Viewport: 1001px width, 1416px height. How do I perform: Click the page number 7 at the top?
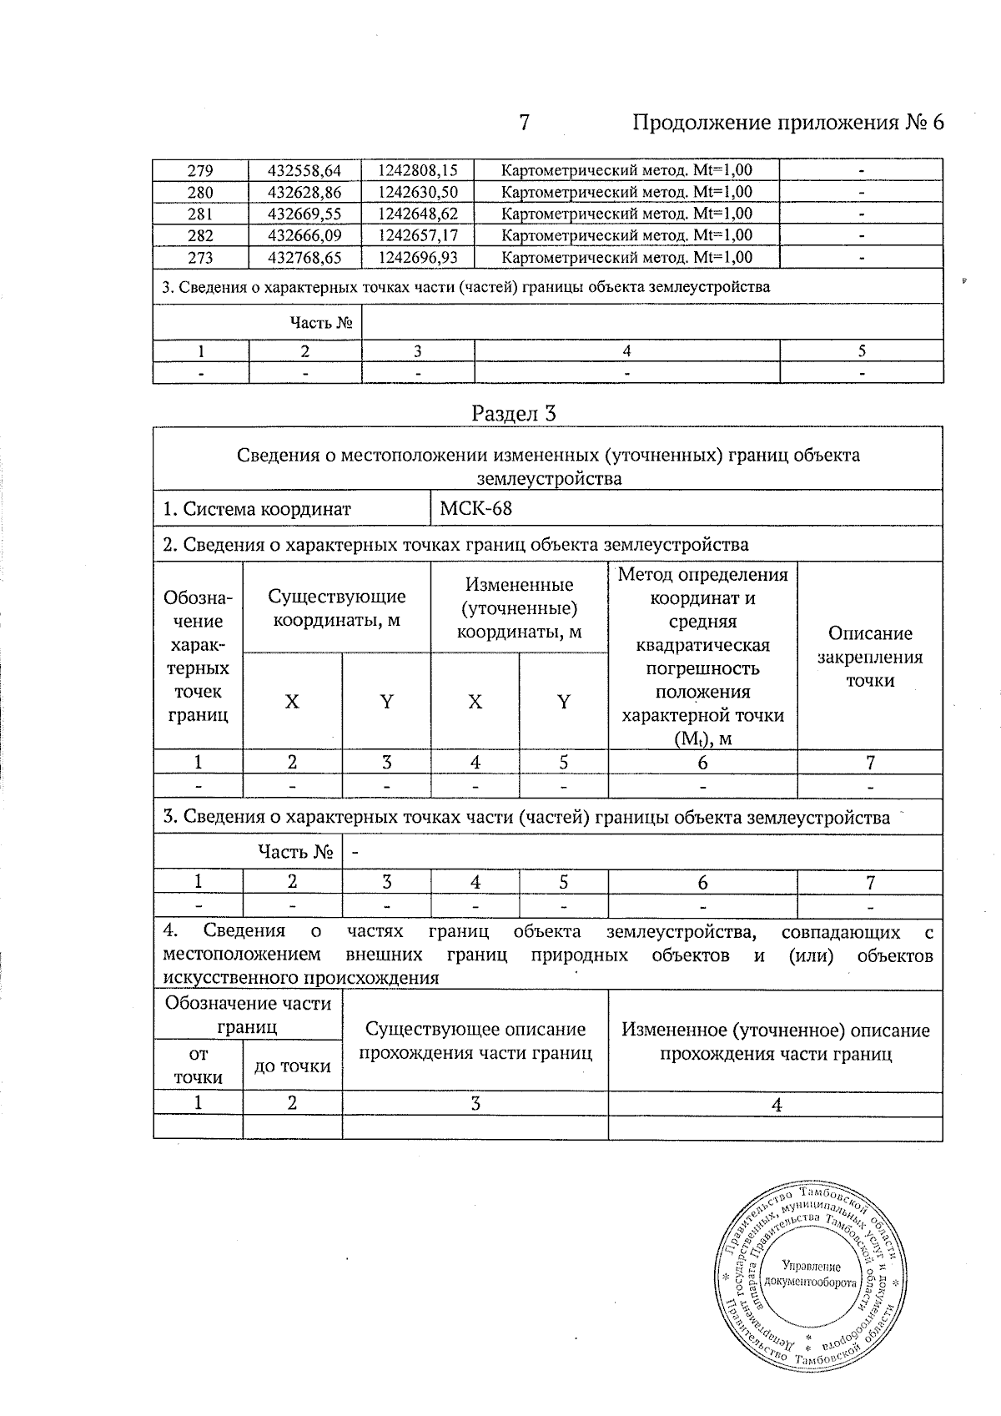pyautogui.click(x=524, y=123)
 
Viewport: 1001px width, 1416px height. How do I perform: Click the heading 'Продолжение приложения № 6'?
pyautogui.click(x=788, y=123)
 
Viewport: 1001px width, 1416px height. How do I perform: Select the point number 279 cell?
pyautogui.click(x=200, y=170)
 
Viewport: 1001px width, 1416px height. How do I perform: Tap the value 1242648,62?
pyautogui.click(x=417, y=214)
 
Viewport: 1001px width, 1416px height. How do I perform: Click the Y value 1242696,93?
pyautogui.click(x=417, y=257)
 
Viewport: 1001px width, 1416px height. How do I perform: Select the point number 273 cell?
pyautogui.click(x=200, y=257)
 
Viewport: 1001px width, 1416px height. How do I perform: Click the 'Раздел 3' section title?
pyautogui.click(x=514, y=413)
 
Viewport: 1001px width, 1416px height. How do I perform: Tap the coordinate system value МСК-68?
pyautogui.click(x=475, y=508)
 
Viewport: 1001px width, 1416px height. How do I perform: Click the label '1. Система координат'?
pyautogui.click(x=257, y=509)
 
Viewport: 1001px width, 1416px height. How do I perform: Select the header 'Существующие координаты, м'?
pyautogui.click(x=336, y=608)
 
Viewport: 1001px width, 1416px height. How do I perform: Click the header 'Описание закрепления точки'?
pyautogui.click(x=870, y=656)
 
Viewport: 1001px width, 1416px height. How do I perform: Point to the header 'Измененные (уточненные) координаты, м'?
pyautogui.click(x=519, y=607)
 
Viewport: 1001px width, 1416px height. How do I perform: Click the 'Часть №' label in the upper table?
pyautogui.click(x=320, y=322)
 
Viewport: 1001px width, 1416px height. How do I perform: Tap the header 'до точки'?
pyautogui.click(x=292, y=1066)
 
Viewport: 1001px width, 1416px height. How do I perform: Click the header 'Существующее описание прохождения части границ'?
pyautogui.click(x=475, y=1041)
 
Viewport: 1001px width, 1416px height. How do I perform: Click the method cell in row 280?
pyautogui.click(x=626, y=192)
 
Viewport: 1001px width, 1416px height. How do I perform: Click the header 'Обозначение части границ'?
pyautogui.click(x=248, y=1014)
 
